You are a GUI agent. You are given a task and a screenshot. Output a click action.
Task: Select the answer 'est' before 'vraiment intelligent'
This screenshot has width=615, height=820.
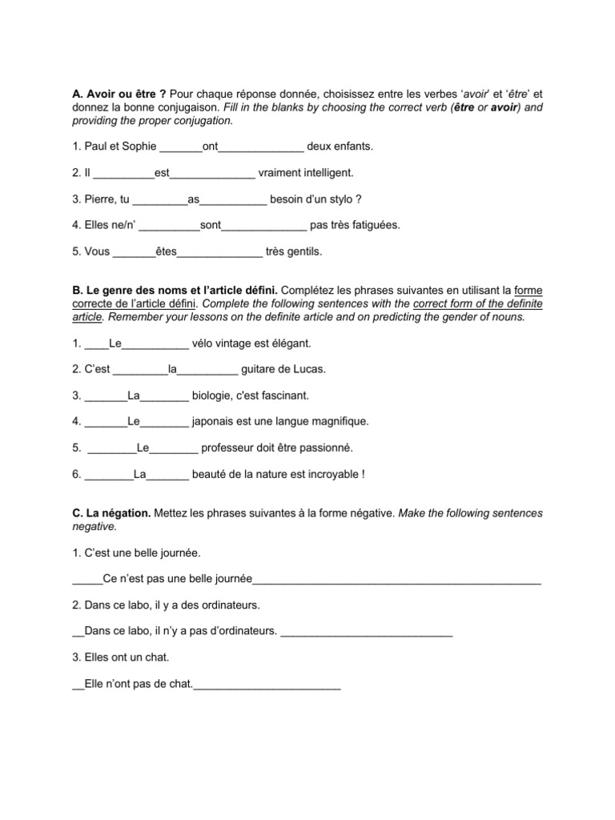pos(163,172)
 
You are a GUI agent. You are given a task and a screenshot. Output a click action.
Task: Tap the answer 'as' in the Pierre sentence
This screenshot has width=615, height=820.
pos(192,199)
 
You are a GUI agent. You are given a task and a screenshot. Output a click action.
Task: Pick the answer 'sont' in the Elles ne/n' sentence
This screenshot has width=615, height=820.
pos(210,225)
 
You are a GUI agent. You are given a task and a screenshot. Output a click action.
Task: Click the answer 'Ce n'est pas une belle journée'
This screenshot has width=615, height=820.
pos(178,579)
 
